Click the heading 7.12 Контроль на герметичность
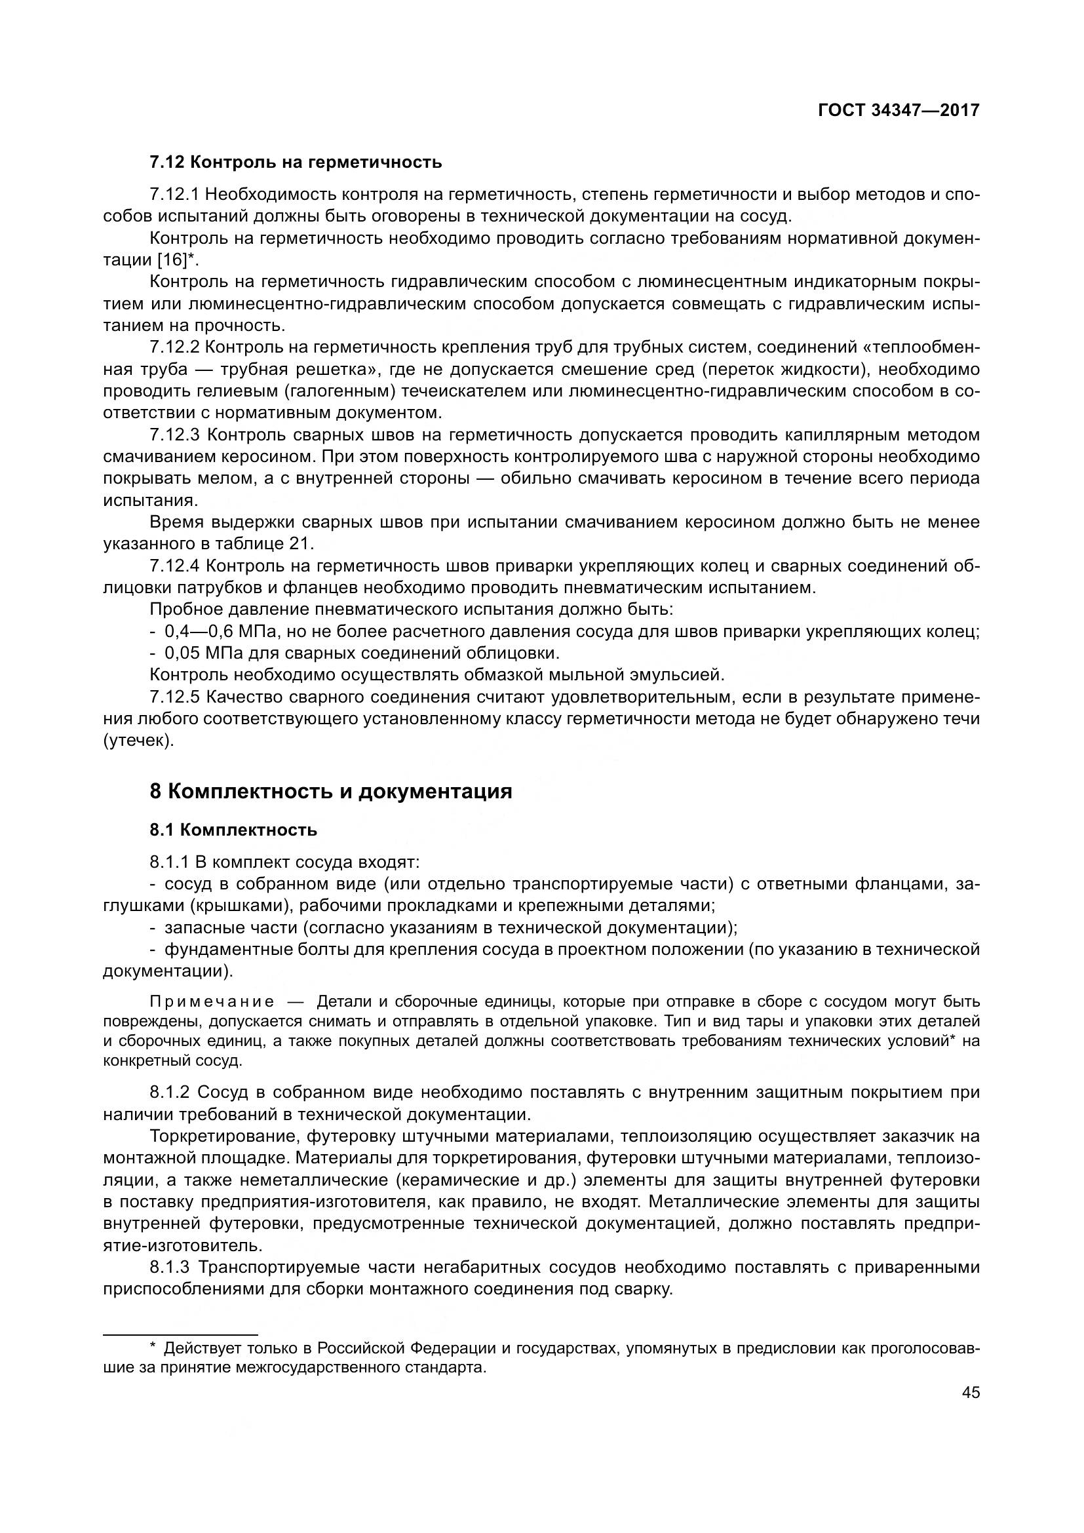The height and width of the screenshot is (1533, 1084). point(295,163)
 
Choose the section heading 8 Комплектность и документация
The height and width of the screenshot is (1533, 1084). point(330,792)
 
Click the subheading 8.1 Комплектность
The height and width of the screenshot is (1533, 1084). point(233,830)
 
